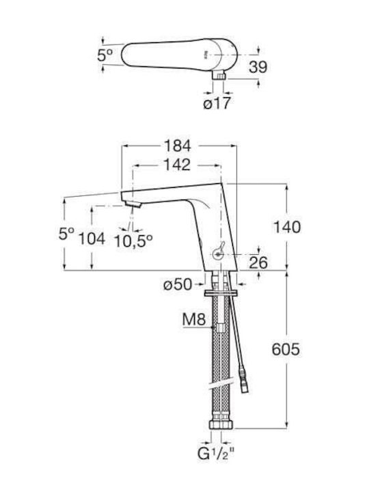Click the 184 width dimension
coord(178,146)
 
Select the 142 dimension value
coord(177,165)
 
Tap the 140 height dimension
coord(287,227)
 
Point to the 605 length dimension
coord(286,349)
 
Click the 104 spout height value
coord(92,238)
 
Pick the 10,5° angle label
coord(133,241)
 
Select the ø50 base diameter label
coord(178,284)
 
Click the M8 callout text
coord(194,319)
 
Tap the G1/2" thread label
coord(217,454)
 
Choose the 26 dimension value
coord(258,262)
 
